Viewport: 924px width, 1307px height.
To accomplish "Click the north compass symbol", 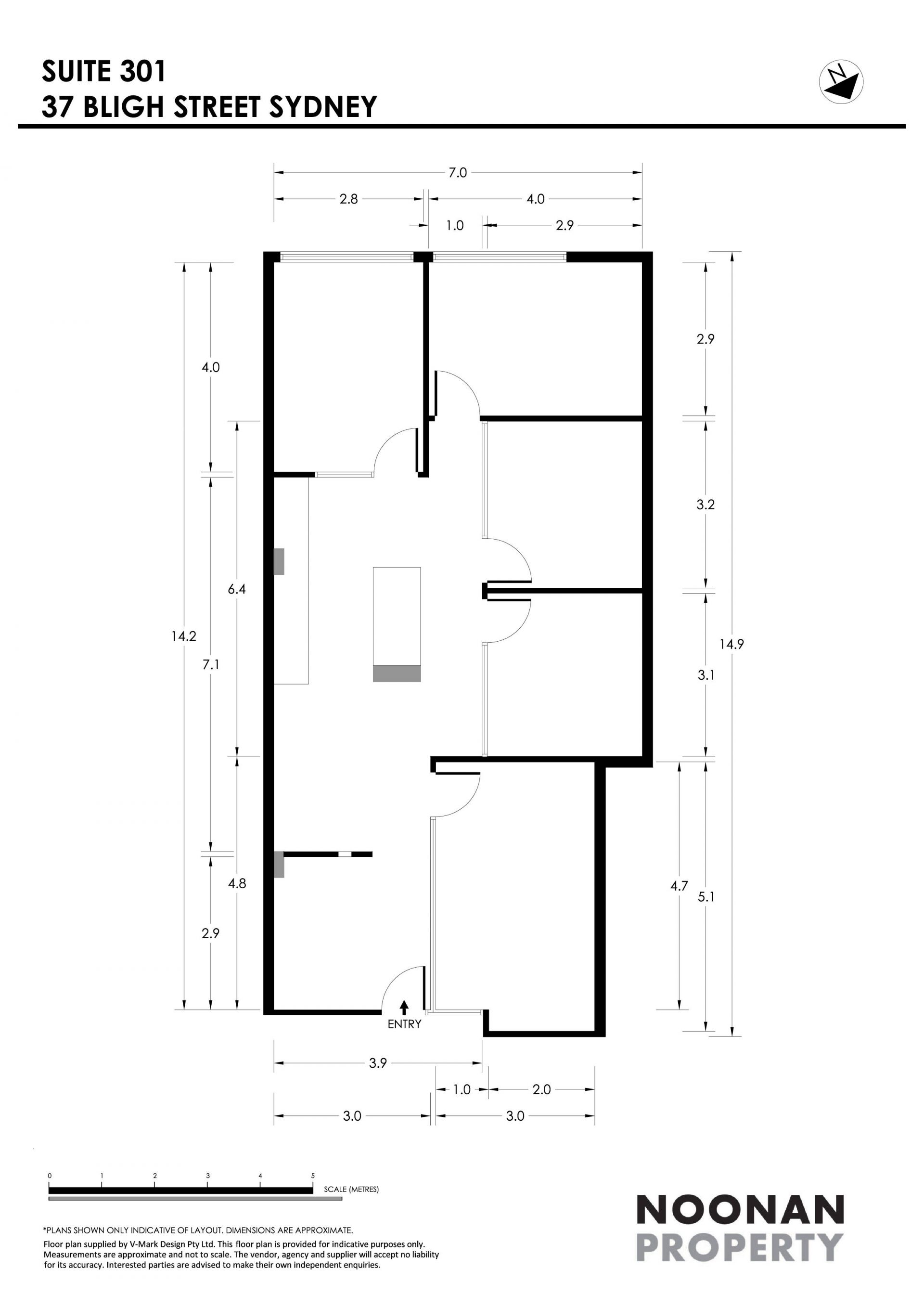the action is click(841, 81).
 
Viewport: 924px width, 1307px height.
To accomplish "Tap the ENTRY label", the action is click(405, 1024).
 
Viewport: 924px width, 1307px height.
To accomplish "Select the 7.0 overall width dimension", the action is click(458, 172).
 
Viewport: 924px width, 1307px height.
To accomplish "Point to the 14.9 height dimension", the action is click(731, 645).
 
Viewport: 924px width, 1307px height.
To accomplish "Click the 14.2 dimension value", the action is click(184, 636).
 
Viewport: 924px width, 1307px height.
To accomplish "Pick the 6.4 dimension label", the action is click(237, 589).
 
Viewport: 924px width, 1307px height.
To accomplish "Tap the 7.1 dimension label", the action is click(210, 664).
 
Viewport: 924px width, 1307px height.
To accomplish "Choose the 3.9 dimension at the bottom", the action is click(378, 1063).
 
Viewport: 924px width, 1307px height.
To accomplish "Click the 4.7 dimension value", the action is click(680, 886).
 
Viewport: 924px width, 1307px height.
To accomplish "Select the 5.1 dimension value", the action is click(706, 896).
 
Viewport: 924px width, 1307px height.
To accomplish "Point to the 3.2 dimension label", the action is click(706, 505).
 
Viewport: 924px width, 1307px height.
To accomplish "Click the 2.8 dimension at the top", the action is click(349, 199).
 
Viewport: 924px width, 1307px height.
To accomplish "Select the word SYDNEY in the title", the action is click(323, 106).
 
